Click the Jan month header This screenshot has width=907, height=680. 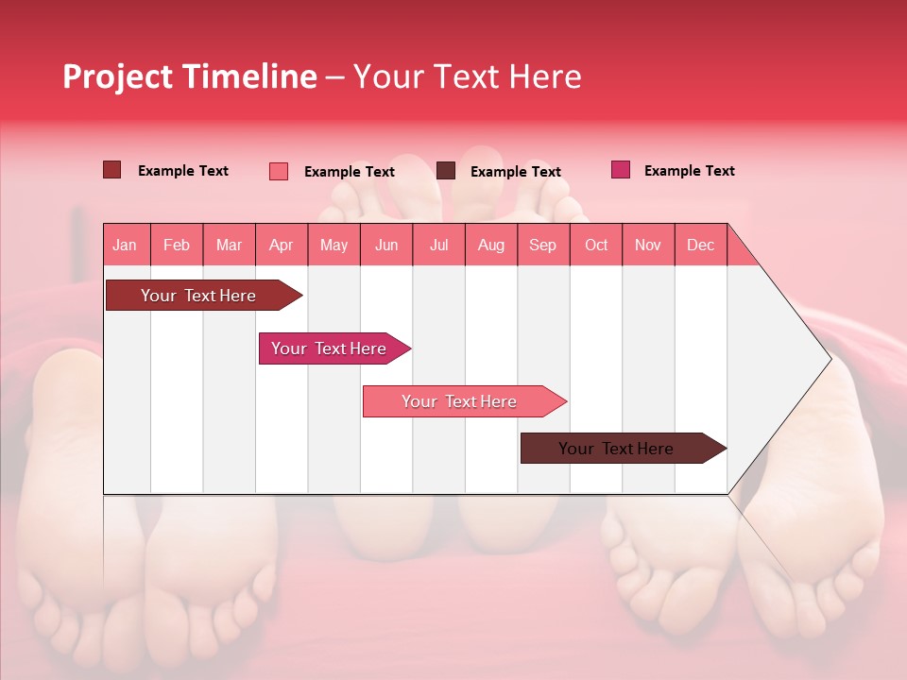coord(125,245)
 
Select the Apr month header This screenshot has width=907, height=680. coord(281,245)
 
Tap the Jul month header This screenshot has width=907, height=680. coord(438,245)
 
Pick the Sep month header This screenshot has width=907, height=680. coord(542,245)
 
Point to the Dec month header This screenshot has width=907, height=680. coord(700,245)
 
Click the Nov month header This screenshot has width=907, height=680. coord(648,245)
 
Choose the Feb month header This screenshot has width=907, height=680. coord(177,245)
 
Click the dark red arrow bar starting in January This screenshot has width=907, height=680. coord(198,296)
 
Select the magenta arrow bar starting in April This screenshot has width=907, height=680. coord(329,348)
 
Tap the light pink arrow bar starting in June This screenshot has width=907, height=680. coord(459,401)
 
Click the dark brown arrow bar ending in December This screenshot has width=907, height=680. coord(616,449)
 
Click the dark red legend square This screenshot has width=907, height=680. coord(112,170)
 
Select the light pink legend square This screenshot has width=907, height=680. coord(279,171)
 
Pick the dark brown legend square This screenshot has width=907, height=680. coord(446,171)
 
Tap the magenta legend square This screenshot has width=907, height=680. coord(621,170)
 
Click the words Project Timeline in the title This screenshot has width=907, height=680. coord(189,76)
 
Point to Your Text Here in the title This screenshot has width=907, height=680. coord(467,76)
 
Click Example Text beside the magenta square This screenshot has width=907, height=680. coord(689,171)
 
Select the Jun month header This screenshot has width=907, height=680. coord(386,245)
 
